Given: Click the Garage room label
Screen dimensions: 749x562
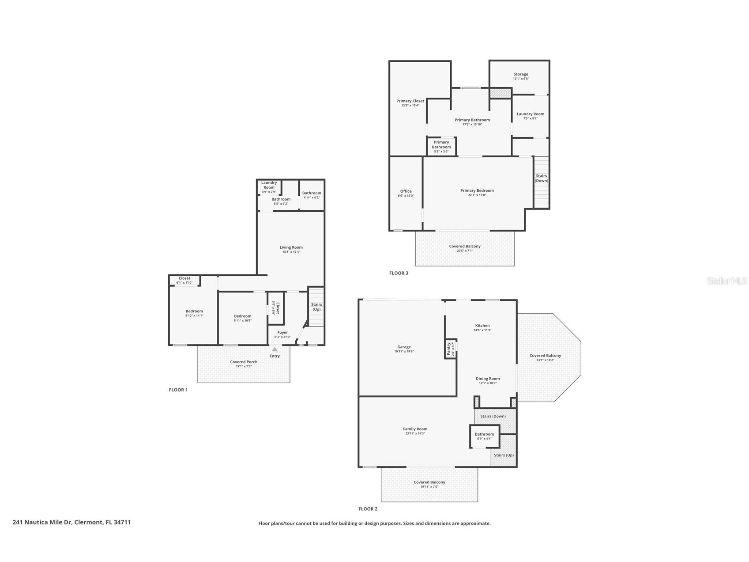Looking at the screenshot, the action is point(404,347).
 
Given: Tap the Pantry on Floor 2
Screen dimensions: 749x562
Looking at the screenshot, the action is point(450,349).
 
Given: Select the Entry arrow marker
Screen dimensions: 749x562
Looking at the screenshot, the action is point(275,349).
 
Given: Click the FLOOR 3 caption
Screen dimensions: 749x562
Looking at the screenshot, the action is point(399,273).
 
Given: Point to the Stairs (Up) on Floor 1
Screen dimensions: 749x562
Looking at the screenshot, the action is point(316,307).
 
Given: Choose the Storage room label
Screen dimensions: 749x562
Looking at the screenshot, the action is point(521,74).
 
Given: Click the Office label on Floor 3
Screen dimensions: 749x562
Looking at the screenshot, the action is point(406,191).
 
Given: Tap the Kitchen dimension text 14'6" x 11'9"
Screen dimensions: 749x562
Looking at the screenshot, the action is point(482,330).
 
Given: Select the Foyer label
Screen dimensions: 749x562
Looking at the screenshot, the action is point(282,333).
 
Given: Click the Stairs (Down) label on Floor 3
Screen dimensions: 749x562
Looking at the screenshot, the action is point(542,178).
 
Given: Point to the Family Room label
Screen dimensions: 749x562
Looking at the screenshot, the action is point(415,429).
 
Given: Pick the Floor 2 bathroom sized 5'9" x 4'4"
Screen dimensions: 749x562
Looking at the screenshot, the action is point(485,437).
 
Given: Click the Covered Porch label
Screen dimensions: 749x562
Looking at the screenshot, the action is point(244,362).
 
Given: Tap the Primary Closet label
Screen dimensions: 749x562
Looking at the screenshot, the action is point(410,101).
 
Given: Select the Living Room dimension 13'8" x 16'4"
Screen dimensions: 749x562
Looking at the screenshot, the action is point(291,252).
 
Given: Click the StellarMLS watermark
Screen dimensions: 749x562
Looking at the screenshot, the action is point(727,281).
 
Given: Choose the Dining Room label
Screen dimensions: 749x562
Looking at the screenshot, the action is point(488,379).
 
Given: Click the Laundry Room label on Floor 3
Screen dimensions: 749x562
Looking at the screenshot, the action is point(531,114).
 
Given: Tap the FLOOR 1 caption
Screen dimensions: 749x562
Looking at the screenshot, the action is point(178,390).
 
